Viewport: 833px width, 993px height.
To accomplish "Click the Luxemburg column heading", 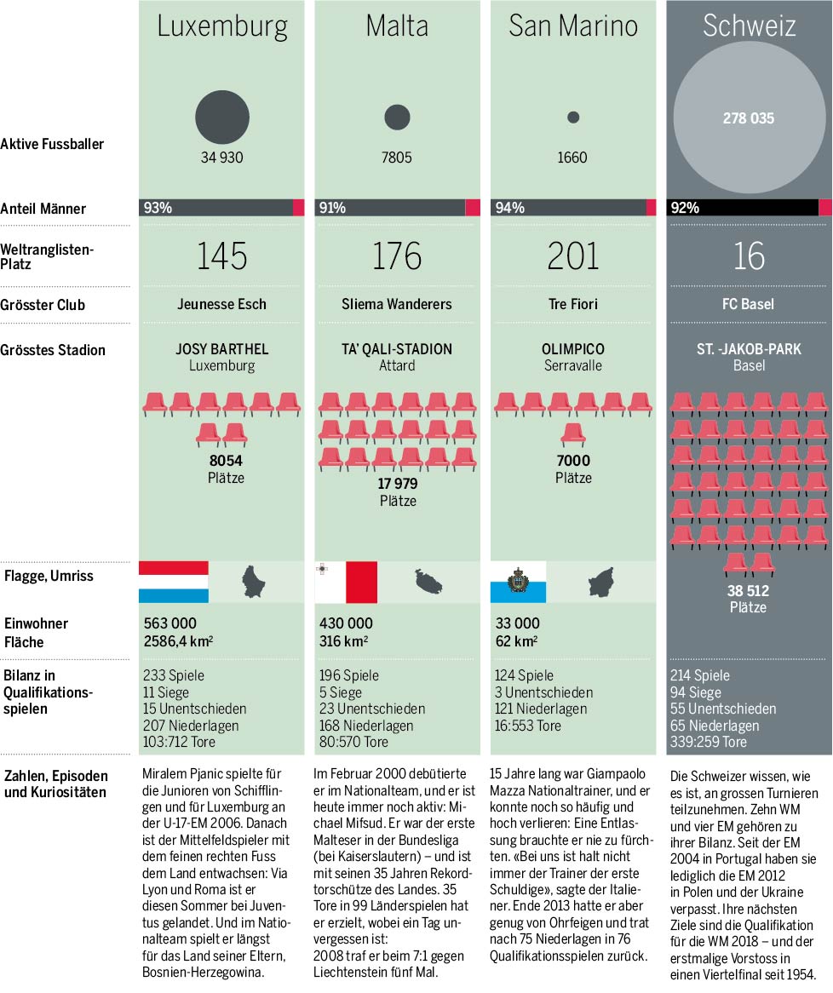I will (222, 26).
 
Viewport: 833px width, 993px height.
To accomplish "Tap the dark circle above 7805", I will (397, 118).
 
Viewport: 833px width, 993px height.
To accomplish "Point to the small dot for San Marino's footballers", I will (573, 117).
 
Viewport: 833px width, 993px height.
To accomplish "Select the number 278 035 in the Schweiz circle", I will (749, 118).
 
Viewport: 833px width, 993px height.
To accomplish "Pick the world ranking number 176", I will (397, 255).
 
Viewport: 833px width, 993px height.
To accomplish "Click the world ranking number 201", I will (573, 255).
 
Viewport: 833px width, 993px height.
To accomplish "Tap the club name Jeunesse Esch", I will (221, 304).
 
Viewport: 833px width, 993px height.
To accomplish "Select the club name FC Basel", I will (749, 304).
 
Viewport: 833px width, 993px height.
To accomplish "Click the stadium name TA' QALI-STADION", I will (397, 349).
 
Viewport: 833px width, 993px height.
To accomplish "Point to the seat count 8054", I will (226, 461).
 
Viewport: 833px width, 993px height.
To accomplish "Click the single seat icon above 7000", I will (573, 433).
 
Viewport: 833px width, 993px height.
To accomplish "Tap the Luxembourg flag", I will (174, 582).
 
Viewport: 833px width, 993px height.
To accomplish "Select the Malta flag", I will (346, 582).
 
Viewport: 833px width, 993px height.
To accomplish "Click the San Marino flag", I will (518, 582).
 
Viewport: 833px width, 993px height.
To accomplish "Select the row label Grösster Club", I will (43, 305).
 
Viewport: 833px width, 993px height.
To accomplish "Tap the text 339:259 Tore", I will (709, 742).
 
